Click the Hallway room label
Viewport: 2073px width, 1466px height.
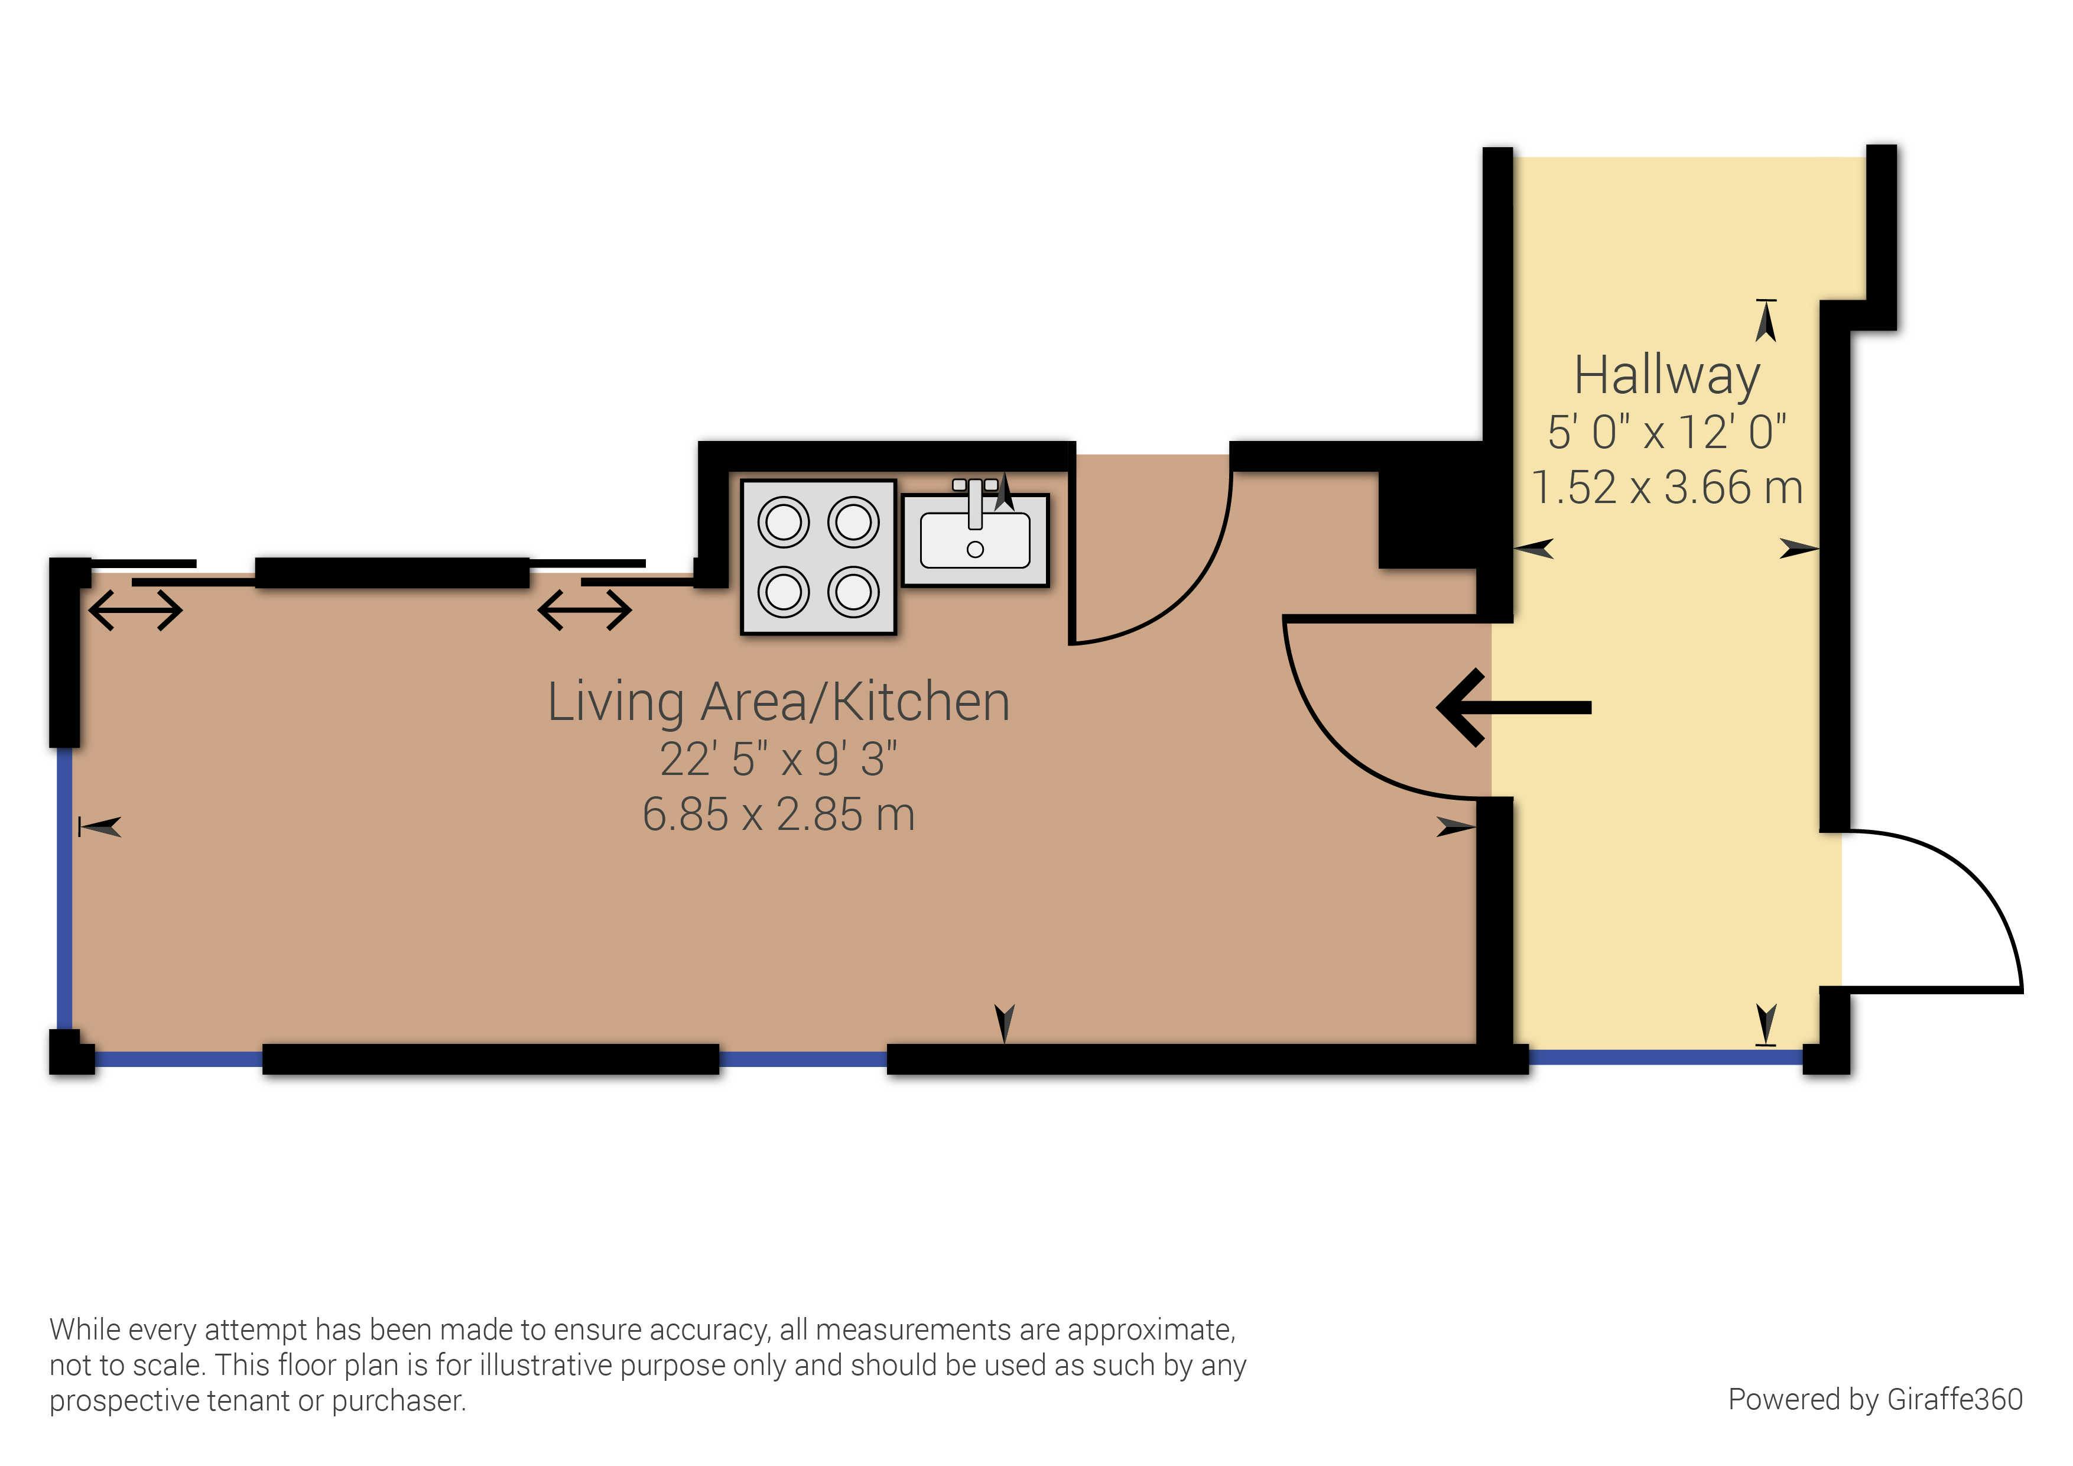pyautogui.click(x=1666, y=377)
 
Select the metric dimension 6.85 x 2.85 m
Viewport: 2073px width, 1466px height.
pyautogui.click(x=778, y=814)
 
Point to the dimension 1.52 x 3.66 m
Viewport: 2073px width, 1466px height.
pyautogui.click(x=1666, y=488)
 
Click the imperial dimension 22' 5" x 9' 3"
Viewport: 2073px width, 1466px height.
pyautogui.click(x=778, y=759)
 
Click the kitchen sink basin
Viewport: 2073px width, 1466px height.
pyautogui.click(x=975, y=540)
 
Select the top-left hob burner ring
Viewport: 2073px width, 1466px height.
pyautogui.click(x=783, y=522)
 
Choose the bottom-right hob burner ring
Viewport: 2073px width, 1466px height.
pyautogui.click(x=853, y=592)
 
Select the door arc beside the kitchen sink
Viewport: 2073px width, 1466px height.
pyautogui.click(x=1192, y=596)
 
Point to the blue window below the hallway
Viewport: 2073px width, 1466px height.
pyautogui.click(x=1666, y=1056)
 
